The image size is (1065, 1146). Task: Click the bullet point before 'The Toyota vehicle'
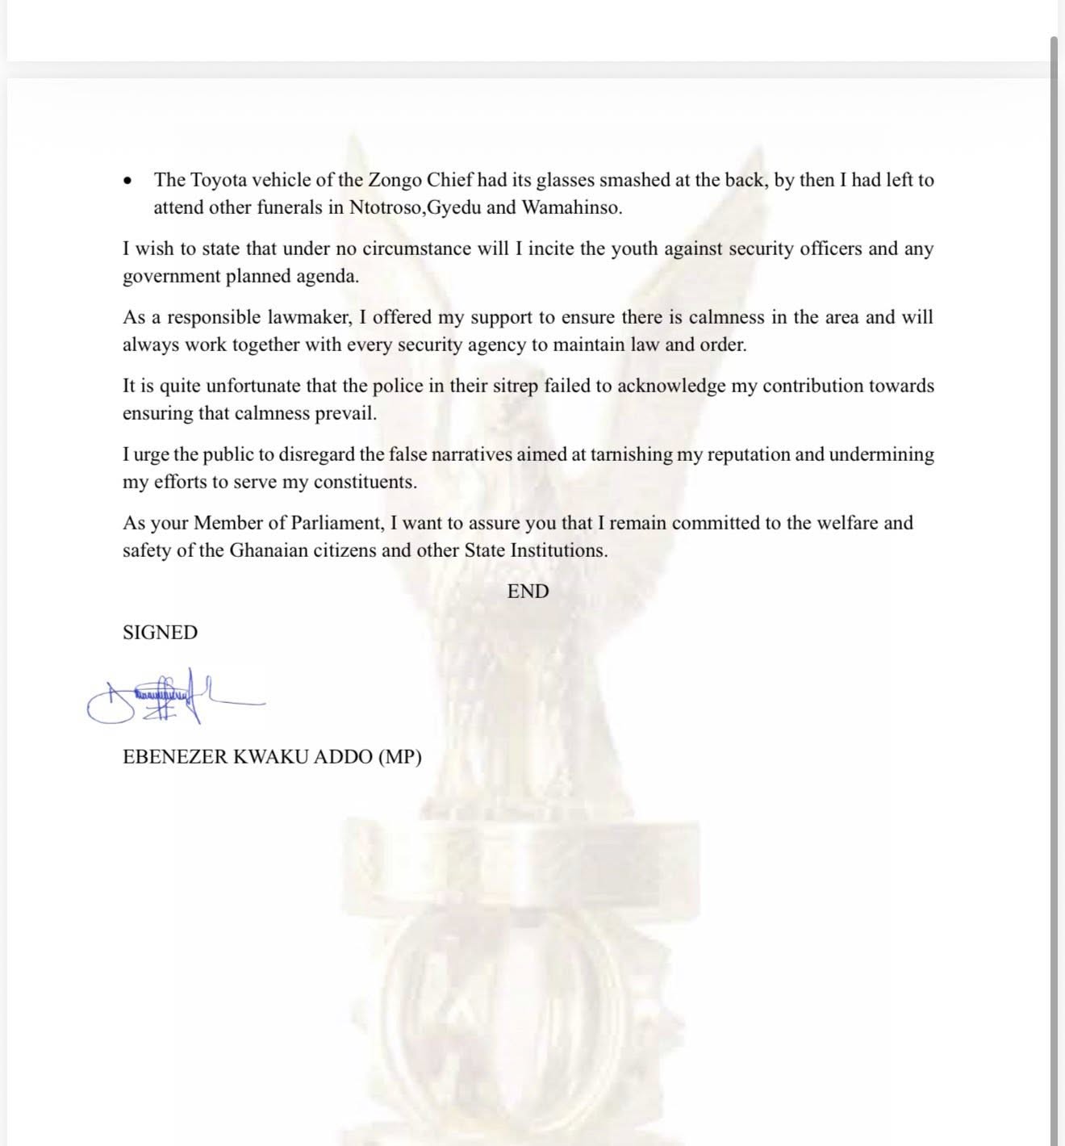[128, 181]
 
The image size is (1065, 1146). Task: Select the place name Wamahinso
[571, 207]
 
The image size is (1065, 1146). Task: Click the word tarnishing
[631, 454]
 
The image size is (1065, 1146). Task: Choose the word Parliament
[331, 523]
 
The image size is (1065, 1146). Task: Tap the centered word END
[528, 592]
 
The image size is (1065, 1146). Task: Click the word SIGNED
[160, 633]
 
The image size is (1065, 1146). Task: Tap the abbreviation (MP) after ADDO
[399, 757]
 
